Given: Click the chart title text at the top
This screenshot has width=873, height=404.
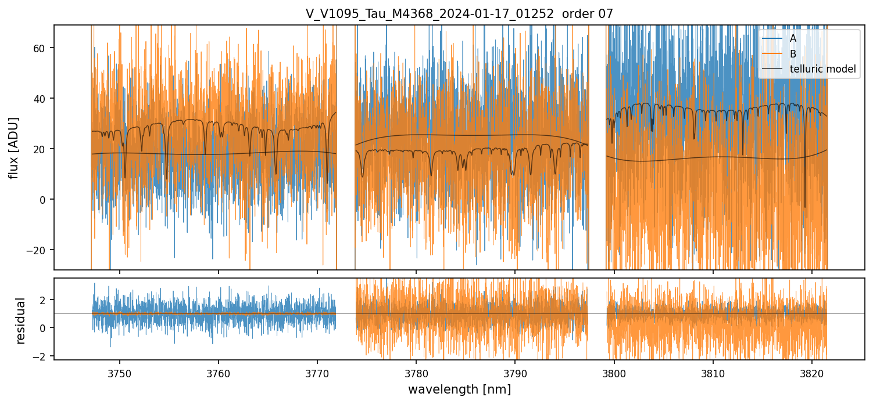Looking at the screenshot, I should pyautogui.click(x=459, y=14).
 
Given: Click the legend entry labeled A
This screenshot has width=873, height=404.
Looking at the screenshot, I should pyautogui.click(x=793, y=39).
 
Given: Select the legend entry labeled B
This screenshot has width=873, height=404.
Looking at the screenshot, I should pyautogui.click(x=793, y=54).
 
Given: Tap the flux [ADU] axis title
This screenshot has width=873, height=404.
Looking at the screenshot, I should pyautogui.click(x=14, y=147).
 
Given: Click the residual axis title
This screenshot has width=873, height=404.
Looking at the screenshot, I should pyautogui.click(x=21, y=320).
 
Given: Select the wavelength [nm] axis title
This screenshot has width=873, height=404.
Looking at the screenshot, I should pyautogui.click(x=459, y=389).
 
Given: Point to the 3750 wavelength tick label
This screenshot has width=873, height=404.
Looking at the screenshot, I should pyautogui.click(x=120, y=373).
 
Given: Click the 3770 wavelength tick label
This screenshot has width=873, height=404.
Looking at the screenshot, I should pyautogui.click(x=317, y=373).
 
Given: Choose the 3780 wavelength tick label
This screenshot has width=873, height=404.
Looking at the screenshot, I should pyautogui.click(x=416, y=373).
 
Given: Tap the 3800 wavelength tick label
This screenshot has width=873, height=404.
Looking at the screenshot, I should pyautogui.click(x=614, y=373).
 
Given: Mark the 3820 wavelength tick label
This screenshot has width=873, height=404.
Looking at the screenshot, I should pyautogui.click(x=812, y=373).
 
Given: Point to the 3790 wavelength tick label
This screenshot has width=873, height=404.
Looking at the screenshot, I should pyautogui.click(x=516, y=373).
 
